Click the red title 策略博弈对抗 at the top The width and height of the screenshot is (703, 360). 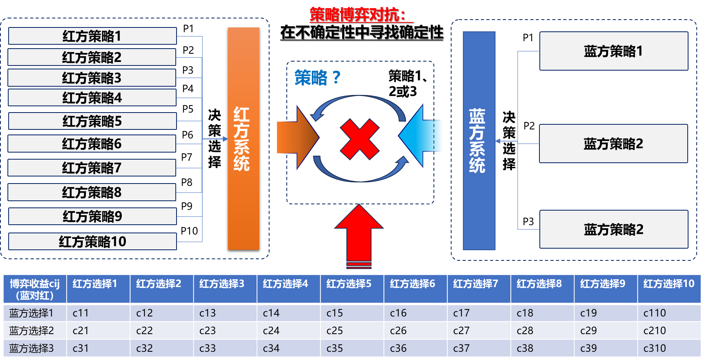click(357, 15)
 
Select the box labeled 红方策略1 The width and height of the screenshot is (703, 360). click(92, 36)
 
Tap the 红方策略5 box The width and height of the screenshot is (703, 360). click(92, 121)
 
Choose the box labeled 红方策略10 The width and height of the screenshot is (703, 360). click(92, 242)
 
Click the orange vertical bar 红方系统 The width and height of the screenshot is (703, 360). click(243, 138)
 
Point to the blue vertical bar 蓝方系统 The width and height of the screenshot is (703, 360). click(479, 140)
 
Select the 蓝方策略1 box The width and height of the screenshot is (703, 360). click(614, 51)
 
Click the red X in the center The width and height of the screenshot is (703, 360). click(359, 139)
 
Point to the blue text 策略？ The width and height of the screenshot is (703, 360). click(317, 78)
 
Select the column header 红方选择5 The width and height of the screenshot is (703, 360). click(349, 284)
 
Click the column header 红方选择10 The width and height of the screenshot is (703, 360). click(668, 284)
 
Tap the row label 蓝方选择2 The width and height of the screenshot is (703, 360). click(31, 331)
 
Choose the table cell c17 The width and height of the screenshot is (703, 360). click(461, 313)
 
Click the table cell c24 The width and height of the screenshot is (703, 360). click(271, 331)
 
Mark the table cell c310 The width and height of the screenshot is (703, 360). click(654, 348)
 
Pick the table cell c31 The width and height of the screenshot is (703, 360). click(80, 348)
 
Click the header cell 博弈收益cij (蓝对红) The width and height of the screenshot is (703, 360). click(35, 289)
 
